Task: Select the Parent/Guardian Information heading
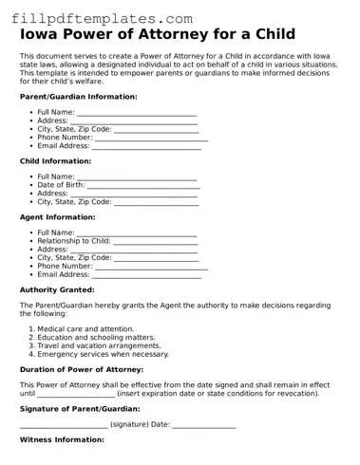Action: (78, 97)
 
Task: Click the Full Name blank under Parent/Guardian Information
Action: (136, 112)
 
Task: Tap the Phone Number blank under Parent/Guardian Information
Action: (151, 138)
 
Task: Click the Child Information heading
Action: (55, 161)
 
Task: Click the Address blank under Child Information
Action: (134, 194)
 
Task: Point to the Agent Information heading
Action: (57, 217)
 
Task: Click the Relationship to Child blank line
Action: (155, 241)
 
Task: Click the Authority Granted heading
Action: (57, 289)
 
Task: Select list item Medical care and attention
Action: (85, 328)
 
